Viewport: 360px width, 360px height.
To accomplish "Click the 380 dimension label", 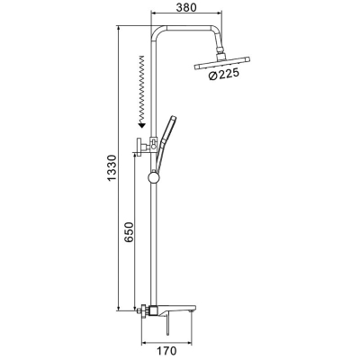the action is [x=186, y=7].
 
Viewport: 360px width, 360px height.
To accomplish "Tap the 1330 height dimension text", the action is [x=112, y=168].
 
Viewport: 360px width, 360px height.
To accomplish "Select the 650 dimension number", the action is [x=129, y=232].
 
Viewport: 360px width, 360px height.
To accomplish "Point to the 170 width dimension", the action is [x=166, y=350].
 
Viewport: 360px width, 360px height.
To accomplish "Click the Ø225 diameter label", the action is [x=223, y=74].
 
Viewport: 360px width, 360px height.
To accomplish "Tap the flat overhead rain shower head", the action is [x=222, y=64].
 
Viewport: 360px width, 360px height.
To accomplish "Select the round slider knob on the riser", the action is [x=155, y=177].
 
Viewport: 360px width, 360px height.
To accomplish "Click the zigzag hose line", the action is [x=141, y=87].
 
